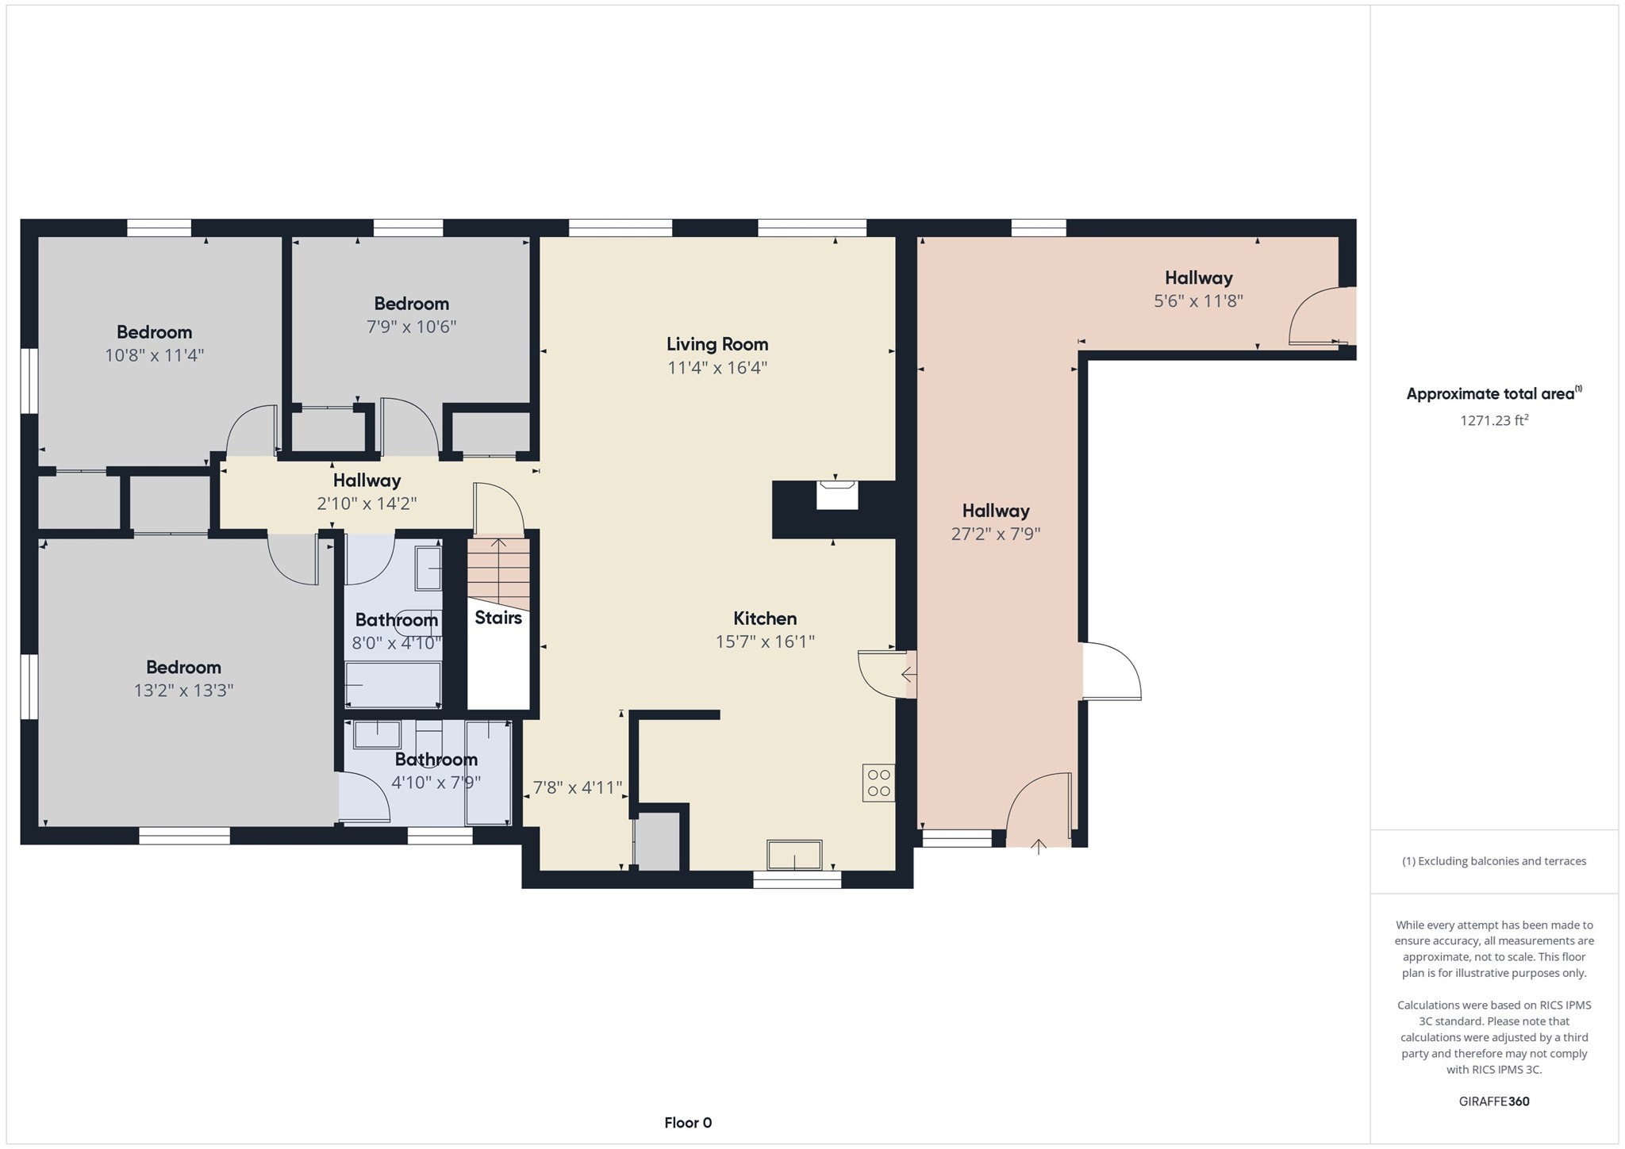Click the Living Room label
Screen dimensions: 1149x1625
coord(716,344)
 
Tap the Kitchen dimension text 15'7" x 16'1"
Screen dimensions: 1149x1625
coord(765,642)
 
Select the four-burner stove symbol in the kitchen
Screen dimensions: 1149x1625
coord(878,782)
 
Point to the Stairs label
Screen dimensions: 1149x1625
coord(498,618)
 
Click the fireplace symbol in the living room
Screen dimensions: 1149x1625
coord(837,496)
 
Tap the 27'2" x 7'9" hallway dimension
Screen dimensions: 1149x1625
coord(996,534)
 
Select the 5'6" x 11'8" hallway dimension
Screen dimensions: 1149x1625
coord(1198,301)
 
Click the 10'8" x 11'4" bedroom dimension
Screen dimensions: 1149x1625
coord(155,355)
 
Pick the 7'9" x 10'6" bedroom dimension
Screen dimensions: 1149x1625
coord(411,327)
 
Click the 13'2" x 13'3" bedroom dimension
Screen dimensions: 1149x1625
coord(183,691)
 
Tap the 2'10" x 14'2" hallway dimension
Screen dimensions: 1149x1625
coord(367,504)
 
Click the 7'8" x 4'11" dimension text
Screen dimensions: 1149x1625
coord(577,787)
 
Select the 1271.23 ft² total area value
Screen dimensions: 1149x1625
coord(1493,421)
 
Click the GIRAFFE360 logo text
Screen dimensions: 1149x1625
coord(1493,1101)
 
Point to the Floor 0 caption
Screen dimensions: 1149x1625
coord(688,1123)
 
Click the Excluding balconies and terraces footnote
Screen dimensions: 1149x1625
coord(1493,861)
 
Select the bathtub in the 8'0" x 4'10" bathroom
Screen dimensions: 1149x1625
coord(393,684)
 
